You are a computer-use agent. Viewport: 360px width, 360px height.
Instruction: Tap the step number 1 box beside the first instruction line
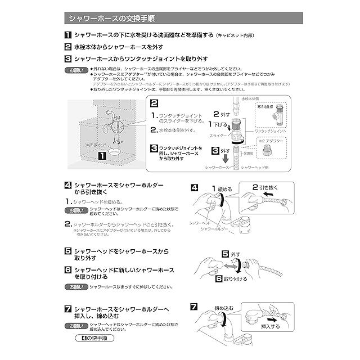pos(67,35)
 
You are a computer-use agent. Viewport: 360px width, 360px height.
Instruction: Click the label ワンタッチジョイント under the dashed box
pos(271,130)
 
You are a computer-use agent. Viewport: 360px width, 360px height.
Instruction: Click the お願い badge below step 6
pos(75,287)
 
